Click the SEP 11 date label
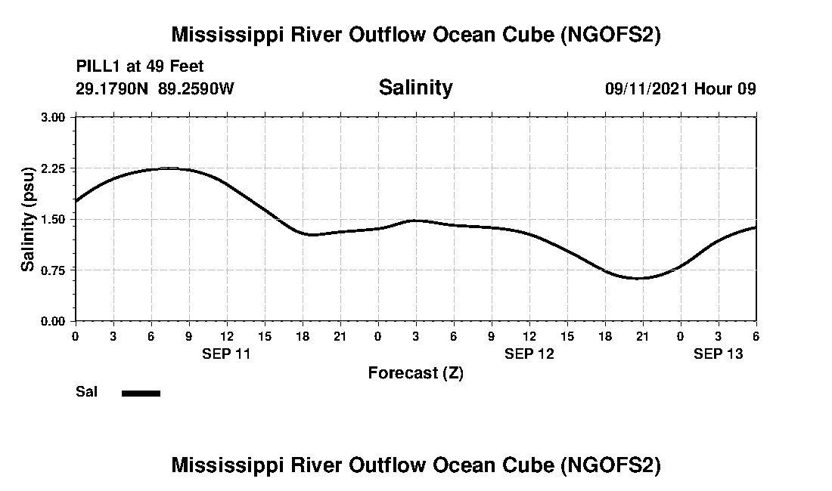[x=226, y=354]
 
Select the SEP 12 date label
[x=529, y=354]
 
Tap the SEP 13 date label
[x=719, y=354]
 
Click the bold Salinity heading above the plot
[x=415, y=88]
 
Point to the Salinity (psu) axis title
[x=28, y=219]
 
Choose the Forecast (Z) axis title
[x=415, y=372]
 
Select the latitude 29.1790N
[x=113, y=88]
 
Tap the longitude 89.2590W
[x=197, y=88]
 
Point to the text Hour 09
[x=725, y=88]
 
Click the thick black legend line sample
[x=141, y=393]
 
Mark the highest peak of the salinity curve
[x=170, y=168]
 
